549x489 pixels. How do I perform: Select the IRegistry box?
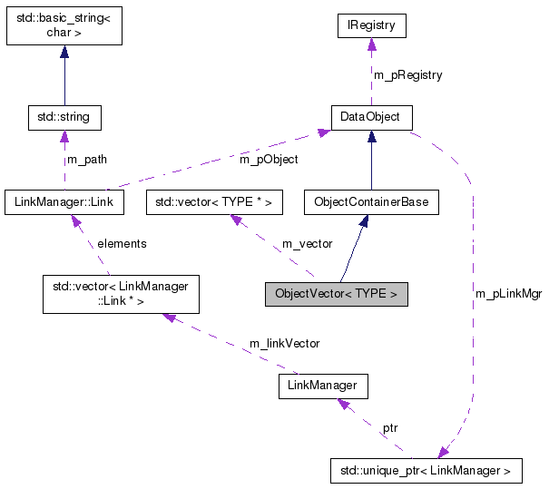coord(370,25)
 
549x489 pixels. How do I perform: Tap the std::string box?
coord(64,117)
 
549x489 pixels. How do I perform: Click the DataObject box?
coord(370,117)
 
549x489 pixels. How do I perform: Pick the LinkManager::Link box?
coord(64,201)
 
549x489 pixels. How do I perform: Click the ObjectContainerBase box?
coord(370,201)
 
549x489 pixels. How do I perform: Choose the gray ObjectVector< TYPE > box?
coord(336,294)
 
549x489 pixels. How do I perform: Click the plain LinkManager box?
coord(323,386)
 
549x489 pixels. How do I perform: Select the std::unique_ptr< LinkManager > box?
coord(426,470)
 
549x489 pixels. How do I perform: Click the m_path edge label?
coord(87,160)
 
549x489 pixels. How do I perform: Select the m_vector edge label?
coord(307,244)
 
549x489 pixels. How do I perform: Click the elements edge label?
coord(122,244)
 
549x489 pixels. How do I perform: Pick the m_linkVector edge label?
coord(284,343)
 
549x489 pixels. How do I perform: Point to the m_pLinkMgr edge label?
coord(508,294)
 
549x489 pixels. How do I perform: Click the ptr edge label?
coord(389,426)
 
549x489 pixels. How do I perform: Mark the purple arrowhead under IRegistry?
coord(370,44)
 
